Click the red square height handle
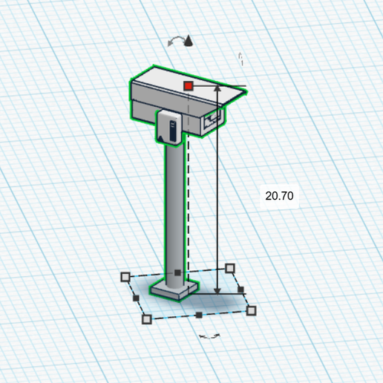pyautogui.click(x=189, y=86)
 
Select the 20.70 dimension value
pyautogui.click(x=279, y=196)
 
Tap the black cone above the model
pyautogui.click(x=189, y=42)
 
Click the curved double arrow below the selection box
pyautogui.click(x=211, y=336)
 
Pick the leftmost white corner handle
pyautogui.click(x=125, y=278)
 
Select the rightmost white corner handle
pyautogui.click(x=252, y=310)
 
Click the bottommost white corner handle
pyautogui.click(x=146, y=319)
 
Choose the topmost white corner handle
pyautogui.click(x=229, y=268)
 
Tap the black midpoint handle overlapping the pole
pyautogui.click(x=177, y=273)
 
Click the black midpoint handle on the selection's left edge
pyautogui.click(x=135, y=298)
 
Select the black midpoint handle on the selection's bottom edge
pyautogui.click(x=199, y=315)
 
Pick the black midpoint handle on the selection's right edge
pyautogui.click(x=240, y=289)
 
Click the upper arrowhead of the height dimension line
pyautogui.click(x=217, y=88)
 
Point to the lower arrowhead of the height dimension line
pyautogui.click(x=217, y=290)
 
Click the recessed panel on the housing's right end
pyautogui.click(x=214, y=117)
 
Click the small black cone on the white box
pyautogui.click(x=159, y=137)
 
